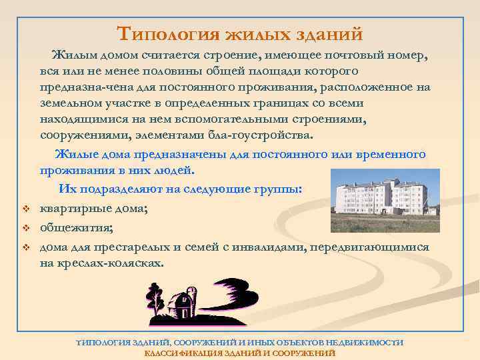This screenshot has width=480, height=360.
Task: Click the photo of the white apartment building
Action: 385,193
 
